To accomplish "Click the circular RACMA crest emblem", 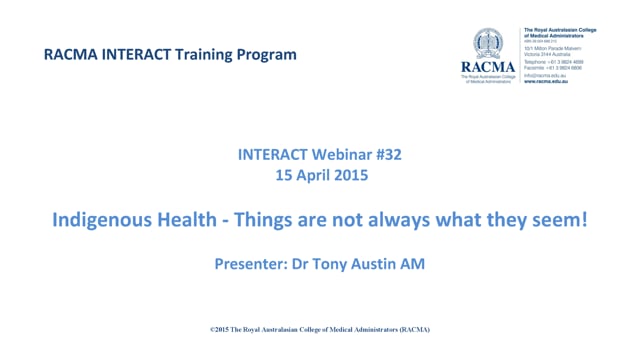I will point(493,43).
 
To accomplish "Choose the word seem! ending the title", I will point(559,222).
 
